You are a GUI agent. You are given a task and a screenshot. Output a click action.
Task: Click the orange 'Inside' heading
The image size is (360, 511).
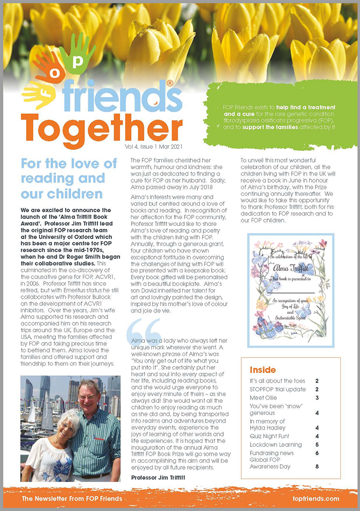(263, 370)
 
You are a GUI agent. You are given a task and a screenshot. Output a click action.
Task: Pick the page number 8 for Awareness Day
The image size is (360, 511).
(317, 466)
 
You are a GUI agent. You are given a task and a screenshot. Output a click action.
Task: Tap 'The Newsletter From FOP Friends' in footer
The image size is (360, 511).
(72, 498)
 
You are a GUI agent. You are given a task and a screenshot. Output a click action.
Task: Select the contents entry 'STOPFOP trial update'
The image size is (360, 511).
(278, 389)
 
